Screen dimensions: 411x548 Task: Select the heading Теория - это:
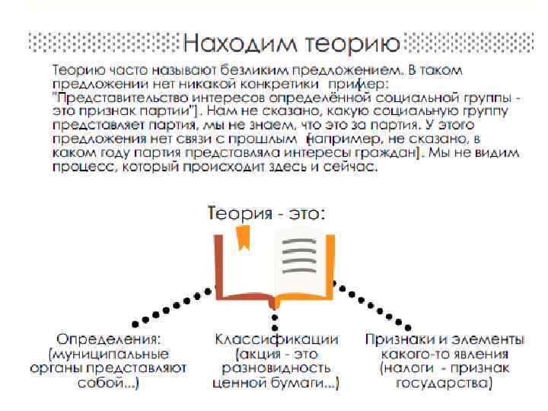[266, 213]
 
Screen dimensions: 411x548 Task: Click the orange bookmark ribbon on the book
[243, 238]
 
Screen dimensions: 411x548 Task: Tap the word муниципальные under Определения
[110, 354]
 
